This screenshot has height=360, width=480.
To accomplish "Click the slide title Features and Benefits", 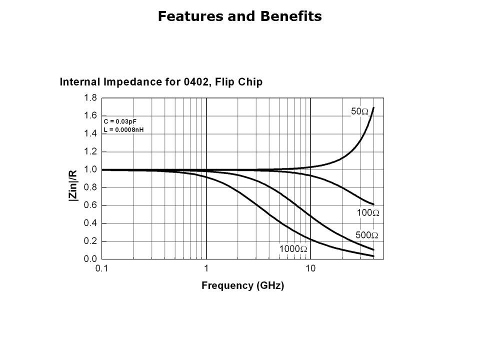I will click(x=239, y=16).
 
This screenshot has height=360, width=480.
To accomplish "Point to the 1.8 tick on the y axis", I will click(x=90, y=98).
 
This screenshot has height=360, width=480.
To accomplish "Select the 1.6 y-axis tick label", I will click(x=90, y=115).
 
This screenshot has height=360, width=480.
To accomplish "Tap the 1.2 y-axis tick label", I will click(x=90, y=151).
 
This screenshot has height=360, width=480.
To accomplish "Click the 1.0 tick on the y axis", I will click(x=90, y=169).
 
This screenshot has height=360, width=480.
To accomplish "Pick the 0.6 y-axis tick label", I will click(x=90, y=205).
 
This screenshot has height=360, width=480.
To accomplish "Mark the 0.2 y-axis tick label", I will click(x=90, y=241).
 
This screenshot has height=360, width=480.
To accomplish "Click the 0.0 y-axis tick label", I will click(x=90, y=259).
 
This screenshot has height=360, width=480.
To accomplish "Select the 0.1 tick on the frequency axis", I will click(x=101, y=268).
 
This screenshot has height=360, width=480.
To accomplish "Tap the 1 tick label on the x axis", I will click(x=206, y=268).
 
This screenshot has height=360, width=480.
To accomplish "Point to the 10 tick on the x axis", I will click(x=310, y=268).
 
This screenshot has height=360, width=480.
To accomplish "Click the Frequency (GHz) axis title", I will click(x=242, y=286).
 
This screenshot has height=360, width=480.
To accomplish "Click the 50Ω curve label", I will click(x=359, y=112).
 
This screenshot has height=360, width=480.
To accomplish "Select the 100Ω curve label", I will click(x=367, y=213).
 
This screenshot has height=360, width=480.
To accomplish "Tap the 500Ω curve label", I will click(x=366, y=235).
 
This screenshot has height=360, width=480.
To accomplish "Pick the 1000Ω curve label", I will click(x=293, y=249).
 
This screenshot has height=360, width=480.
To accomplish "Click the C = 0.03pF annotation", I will click(x=119, y=121).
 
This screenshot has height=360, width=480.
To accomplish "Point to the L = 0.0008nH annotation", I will click(x=123, y=129).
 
